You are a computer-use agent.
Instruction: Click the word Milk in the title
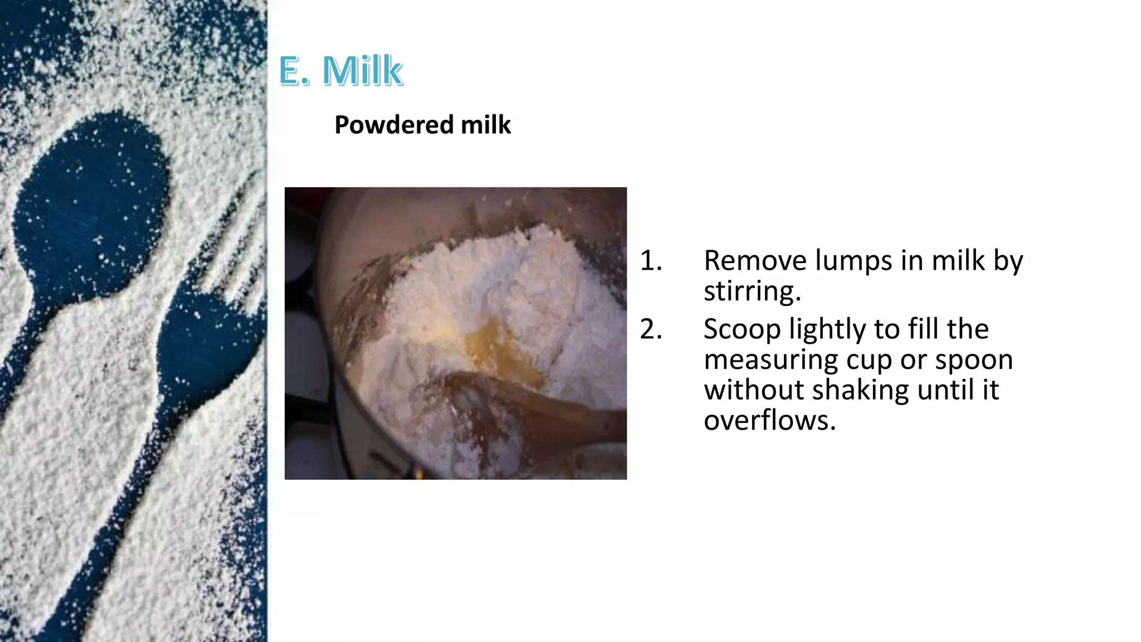click(x=362, y=71)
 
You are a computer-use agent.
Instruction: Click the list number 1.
click(x=650, y=261)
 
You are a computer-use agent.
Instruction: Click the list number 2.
click(x=650, y=329)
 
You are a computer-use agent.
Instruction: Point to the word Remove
click(x=754, y=261)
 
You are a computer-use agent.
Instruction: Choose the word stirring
click(x=752, y=291)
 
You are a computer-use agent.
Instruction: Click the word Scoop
click(x=742, y=329)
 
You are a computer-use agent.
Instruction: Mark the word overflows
click(x=769, y=420)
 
